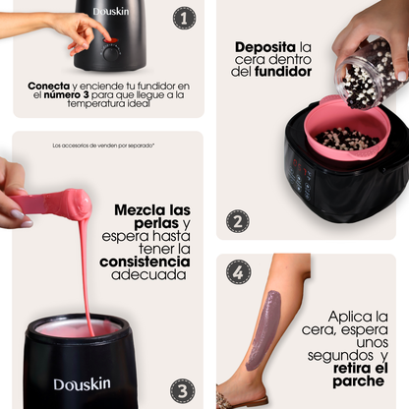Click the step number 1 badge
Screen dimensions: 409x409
(185, 18)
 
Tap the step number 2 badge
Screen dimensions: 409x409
(238, 221)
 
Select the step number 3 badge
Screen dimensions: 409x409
(182, 390)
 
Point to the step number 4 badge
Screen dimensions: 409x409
(239, 272)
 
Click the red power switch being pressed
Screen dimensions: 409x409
(111, 40)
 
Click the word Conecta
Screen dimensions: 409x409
(49, 86)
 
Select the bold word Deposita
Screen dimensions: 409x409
(265, 47)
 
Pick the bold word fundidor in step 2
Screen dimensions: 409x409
(283, 72)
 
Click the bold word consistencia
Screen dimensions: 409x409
(145, 262)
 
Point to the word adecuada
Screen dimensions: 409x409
(148, 274)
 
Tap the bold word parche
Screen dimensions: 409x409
(359, 381)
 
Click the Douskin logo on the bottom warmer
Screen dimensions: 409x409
(82, 384)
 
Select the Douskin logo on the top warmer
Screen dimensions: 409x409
(111, 12)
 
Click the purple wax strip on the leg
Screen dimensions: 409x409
(264, 329)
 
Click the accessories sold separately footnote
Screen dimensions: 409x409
(103, 146)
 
